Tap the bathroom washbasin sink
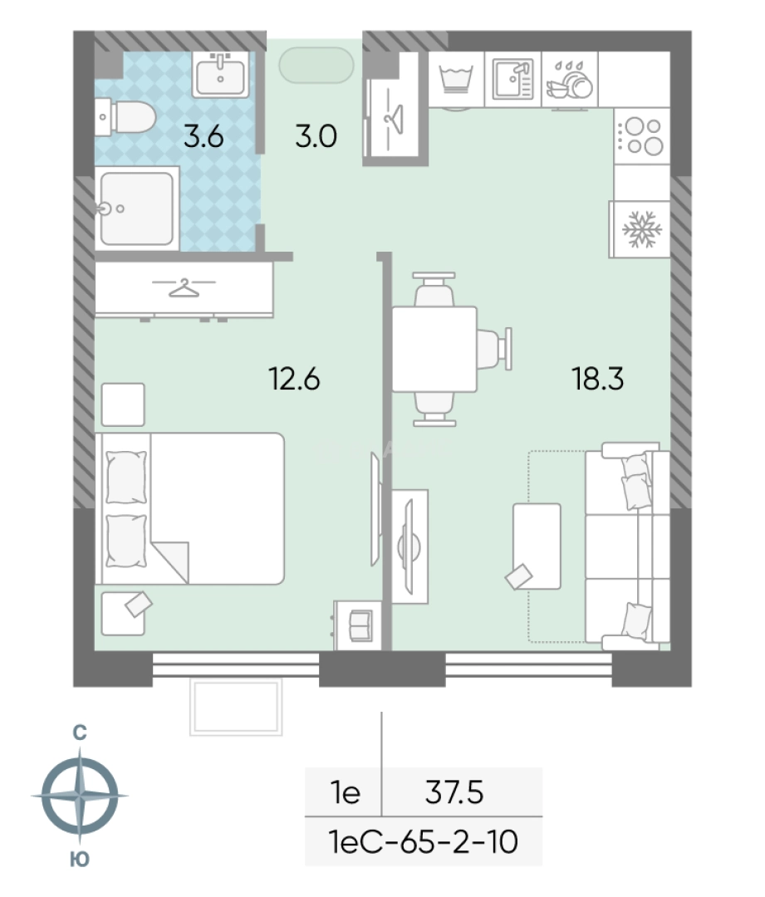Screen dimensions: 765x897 (221, 75)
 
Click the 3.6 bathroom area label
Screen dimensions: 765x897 (204, 137)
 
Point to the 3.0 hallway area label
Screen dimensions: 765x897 (316, 136)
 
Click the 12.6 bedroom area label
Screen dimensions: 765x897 (294, 379)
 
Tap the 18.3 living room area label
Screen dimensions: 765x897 (598, 379)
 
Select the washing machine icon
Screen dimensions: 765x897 (456, 79)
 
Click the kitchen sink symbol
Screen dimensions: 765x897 (512, 79)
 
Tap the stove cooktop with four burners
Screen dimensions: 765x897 (642, 136)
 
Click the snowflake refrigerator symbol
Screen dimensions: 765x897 (641, 229)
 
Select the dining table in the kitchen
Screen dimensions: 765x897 (434, 349)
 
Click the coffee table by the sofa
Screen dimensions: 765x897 (537, 547)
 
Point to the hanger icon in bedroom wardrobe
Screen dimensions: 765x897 (184, 287)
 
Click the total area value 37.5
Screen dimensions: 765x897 (454, 792)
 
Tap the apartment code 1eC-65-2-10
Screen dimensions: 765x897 (424, 842)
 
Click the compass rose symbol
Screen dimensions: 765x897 (80, 796)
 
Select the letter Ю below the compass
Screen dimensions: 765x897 (80, 860)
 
